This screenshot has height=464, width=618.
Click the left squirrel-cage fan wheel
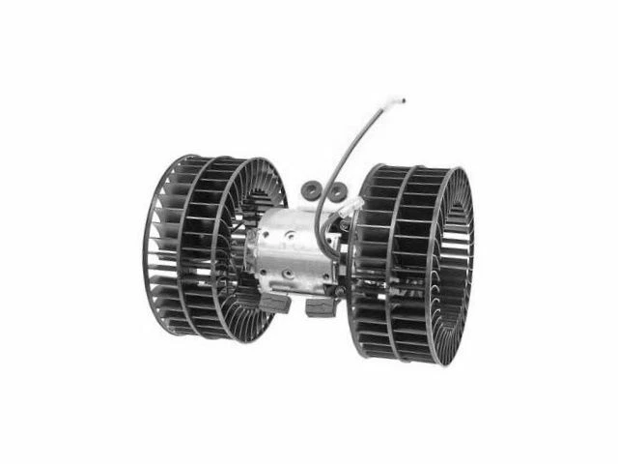click(198, 246)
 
